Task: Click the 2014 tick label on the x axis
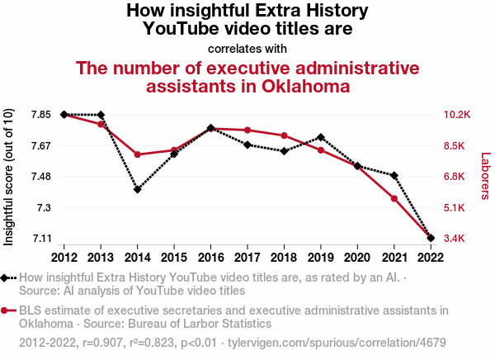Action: click(137, 256)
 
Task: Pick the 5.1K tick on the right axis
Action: click(456, 207)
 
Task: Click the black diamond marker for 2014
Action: click(137, 189)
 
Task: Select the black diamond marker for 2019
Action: click(320, 137)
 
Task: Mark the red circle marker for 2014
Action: click(137, 154)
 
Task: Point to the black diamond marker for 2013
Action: click(101, 115)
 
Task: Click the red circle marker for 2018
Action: click(284, 135)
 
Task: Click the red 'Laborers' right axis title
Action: click(485, 176)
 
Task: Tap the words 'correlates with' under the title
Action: click(247, 49)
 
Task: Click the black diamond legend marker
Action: click(7, 278)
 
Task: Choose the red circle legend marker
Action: click(7, 310)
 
